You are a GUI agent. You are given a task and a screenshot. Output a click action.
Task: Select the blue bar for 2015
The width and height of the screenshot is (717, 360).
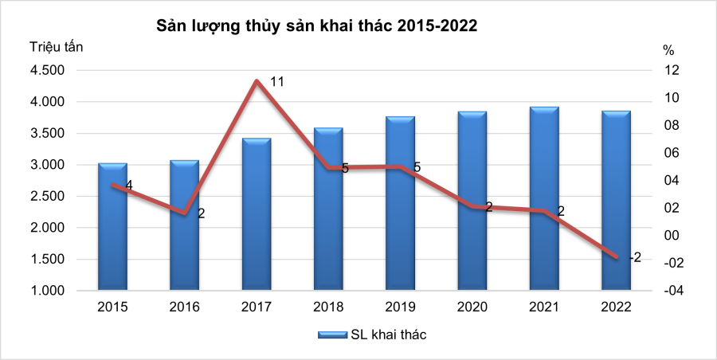pos(112,226)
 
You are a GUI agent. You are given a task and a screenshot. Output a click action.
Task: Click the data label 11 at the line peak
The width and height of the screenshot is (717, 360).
pos(277,82)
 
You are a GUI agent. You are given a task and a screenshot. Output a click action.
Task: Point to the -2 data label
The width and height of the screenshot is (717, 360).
pos(634,257)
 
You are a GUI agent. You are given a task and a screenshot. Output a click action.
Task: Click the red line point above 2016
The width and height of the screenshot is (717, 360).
pos(185,213)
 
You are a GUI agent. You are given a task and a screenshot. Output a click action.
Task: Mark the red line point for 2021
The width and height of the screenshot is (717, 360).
pos(544,211)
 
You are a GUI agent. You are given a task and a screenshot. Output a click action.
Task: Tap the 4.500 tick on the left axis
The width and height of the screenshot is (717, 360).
pos(49,70)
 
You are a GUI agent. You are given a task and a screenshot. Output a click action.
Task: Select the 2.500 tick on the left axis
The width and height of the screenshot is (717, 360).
pos(49,197)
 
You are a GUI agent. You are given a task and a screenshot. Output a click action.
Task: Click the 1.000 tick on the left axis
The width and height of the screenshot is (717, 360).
pos(49,291)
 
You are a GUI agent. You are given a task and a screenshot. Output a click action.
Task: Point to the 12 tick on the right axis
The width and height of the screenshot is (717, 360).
pos(672,70)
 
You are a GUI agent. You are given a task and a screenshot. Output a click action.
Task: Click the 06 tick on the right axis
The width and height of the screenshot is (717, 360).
pos(672,153)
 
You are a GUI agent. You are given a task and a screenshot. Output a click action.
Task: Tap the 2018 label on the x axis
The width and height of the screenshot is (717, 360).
pos(328,307)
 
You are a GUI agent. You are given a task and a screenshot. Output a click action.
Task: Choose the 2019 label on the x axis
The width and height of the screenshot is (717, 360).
pos(400,307)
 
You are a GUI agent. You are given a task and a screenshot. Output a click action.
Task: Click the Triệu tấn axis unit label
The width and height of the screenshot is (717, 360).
pos(56,46)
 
